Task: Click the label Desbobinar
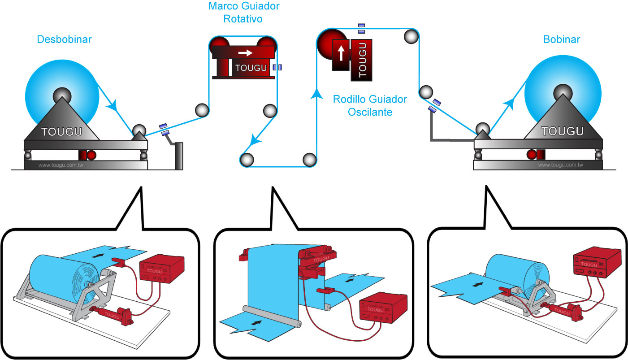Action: [x=64, y=39]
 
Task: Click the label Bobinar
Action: [x=562, y=39]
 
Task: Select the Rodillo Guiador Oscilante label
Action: [x=370, y=105]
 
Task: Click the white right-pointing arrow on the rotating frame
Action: [x=245, y=53]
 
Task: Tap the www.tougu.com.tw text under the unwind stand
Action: [x=61, y=165]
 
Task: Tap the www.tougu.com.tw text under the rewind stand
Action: [x=560, y=165]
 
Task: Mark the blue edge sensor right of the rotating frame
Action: [x=277, y=67]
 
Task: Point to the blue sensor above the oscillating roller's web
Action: [x=361, y=28]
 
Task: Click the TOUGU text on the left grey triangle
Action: [x=61, y=132]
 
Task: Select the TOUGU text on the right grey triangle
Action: [x=562, y=131]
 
